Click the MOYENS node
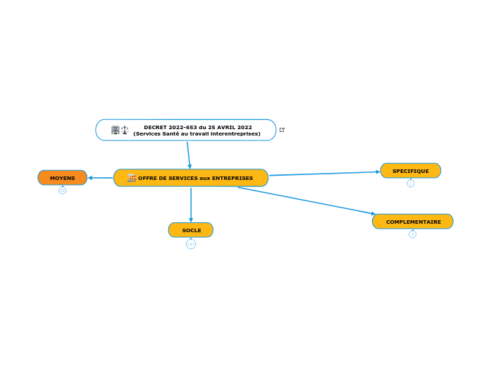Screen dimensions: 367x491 pos(62,178)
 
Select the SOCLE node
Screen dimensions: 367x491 pos(191,230)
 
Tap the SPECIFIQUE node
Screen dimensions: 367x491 pos(410,171)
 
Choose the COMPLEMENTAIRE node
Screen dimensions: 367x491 pos(413,222)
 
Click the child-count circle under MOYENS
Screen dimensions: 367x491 pos(62,191)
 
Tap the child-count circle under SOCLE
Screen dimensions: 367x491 pos(191,244)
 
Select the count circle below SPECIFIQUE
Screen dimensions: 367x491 pos(411,183)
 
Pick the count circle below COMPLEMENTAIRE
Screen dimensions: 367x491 pos(413,234)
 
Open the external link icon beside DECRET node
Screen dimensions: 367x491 pos(282,130)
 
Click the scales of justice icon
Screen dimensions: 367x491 pos(125,130)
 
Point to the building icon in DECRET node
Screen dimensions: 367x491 pos(115,130)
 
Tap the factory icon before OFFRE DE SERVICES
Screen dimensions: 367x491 pos(131,178)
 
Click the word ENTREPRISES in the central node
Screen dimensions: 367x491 pos(232,178)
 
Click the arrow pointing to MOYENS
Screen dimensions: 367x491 pos(100,178)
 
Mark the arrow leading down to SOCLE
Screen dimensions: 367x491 pos(191,205)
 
